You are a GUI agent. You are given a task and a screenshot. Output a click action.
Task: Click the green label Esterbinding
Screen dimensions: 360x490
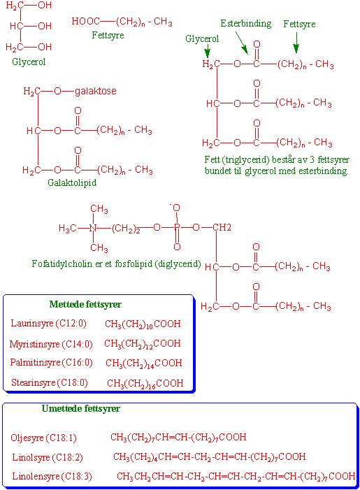pos(245,24)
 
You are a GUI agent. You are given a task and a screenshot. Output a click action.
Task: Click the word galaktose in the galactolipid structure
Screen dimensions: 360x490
pos(96,92)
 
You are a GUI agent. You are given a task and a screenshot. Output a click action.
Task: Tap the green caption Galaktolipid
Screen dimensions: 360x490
pos(72,182)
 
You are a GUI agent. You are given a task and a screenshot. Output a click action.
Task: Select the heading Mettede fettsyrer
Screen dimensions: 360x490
pos(85,304)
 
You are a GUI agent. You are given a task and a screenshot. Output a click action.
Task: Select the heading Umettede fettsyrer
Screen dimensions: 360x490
pos(81,408)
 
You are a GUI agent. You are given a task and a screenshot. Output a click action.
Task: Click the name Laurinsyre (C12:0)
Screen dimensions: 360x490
pos(48,323)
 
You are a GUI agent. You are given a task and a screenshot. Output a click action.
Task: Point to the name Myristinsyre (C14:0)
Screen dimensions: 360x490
pos(51,344)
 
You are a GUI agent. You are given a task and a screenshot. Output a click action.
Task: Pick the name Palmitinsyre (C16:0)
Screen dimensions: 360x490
pos(51,363)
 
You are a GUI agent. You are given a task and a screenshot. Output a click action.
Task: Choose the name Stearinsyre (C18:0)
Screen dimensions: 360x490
pos(50,382)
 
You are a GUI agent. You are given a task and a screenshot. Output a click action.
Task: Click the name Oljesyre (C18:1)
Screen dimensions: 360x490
pos(43,438)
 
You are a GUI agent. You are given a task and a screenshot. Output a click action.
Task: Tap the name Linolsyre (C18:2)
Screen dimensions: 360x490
pos(48,458)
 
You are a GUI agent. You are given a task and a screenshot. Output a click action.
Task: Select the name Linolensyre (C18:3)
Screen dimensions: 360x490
pos(52,477)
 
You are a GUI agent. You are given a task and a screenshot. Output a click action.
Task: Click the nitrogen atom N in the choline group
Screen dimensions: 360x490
pos(93,228)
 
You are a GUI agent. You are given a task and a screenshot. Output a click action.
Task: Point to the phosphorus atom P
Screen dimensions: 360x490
pos(177,227)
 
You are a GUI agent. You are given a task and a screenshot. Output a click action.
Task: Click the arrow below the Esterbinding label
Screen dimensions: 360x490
pos(242,43)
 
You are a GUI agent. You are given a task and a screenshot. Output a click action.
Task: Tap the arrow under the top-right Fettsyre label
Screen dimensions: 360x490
pos(296,42)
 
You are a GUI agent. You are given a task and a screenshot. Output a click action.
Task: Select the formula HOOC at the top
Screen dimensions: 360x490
pos(85,21)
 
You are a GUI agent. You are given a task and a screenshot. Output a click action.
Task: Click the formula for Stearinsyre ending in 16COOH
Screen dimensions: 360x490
pos(145,384)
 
